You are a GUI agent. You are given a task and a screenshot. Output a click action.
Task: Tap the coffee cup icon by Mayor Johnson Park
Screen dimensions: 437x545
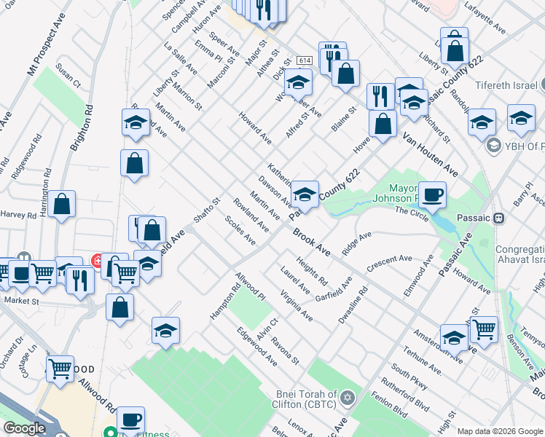432,195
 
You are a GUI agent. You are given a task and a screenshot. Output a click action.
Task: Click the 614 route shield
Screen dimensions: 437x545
304,60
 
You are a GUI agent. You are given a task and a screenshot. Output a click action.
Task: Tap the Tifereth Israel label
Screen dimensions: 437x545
509,84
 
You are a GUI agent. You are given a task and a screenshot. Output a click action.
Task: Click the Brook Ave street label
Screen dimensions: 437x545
312,243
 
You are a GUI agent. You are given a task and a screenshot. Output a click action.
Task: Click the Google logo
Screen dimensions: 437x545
24,428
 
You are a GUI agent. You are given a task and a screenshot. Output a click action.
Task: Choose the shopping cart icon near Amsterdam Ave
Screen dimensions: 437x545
484,329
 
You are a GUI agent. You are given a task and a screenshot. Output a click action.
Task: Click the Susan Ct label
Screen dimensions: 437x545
68,79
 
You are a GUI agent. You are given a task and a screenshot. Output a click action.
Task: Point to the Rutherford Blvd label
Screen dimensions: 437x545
409,395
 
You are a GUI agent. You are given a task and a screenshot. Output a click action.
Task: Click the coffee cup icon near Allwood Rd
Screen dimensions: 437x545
130,420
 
